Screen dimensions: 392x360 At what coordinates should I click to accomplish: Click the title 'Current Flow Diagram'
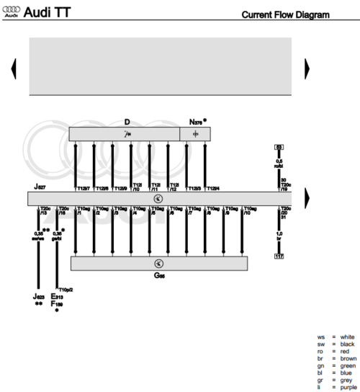(x=286, y=14)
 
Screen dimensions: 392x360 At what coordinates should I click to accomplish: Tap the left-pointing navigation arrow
(x=14, y=68)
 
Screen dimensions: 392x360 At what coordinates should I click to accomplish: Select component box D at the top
(x=124, y=134)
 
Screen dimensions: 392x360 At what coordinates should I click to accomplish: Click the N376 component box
(x=195, y=134)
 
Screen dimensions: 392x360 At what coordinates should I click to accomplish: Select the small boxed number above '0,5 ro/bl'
(x=279, y=147)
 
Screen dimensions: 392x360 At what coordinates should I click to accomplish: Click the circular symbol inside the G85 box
(x=158, y=263)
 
